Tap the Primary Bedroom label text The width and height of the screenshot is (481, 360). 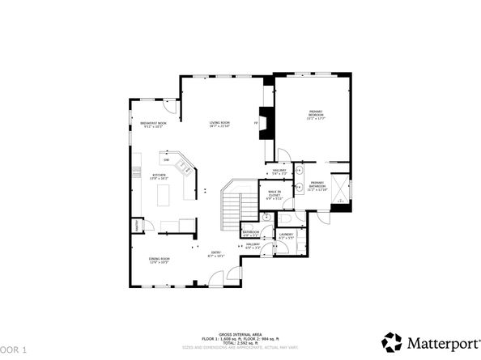[315, 113]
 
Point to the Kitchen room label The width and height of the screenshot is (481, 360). [159, 176]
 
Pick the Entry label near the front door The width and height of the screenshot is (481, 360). [216, 254]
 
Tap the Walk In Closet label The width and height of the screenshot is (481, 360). [275, 194]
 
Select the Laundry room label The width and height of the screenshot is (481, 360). [287, 236]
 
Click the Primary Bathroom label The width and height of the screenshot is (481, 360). [317, 185]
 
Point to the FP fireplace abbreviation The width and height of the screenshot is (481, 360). [257, 122]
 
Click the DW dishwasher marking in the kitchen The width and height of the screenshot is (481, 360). [166, 160]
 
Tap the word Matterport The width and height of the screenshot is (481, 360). [438, 341]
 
